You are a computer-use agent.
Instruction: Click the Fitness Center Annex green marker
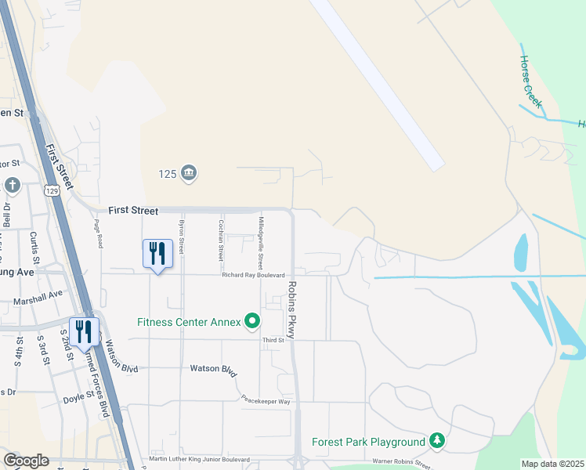pyautogui.click(x=252, y=321)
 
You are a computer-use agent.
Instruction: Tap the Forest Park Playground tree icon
pyautogui.click(x=437, y=442)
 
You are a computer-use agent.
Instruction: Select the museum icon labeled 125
pyautogui.click(x=188, y=172)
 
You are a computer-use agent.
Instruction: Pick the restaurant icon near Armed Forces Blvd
pyautogui.click(x=85, y=331)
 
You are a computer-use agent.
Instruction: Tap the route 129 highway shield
pyautogui.click(x=52, y=191)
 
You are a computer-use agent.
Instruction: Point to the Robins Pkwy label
pyautogui.click(x=291, y=310)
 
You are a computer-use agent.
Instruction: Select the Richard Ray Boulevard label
pyautogui.click(x=252, y=275)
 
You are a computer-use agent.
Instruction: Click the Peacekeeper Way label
pyautogui.click(x=266, y=400)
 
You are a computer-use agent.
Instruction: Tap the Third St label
pyautogui.click(x=273, y=340)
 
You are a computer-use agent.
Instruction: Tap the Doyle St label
pyautogui.click(x=78, y=399)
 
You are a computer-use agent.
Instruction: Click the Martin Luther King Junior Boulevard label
pyautogui.click(x=199, y=460)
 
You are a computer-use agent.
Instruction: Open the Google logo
pyautogui.click(x=25, y=461)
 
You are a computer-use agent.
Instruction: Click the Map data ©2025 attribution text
pyautogui.click(x=552, y=464)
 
